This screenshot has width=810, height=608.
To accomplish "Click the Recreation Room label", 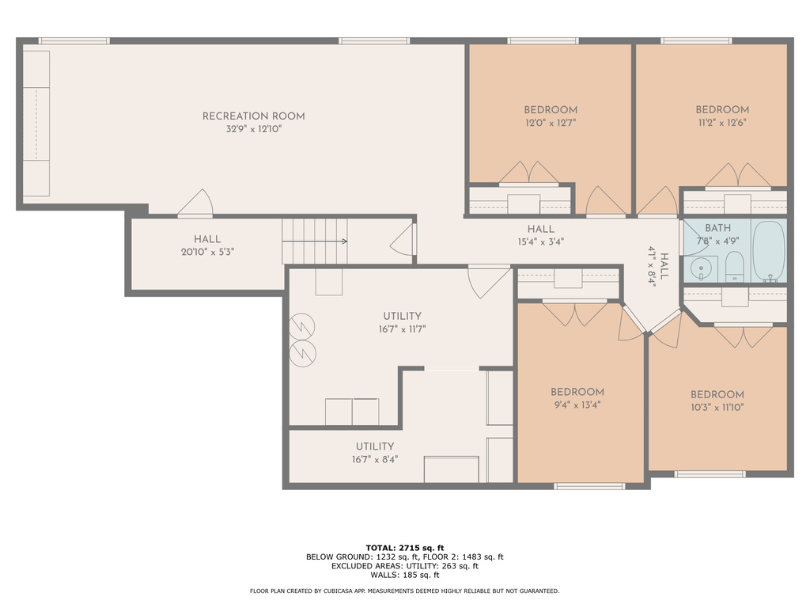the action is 253,116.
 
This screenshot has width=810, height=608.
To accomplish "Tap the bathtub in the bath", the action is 769,251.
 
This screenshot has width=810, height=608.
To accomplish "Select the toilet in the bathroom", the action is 733,267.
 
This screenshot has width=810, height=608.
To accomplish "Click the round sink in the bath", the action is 701,268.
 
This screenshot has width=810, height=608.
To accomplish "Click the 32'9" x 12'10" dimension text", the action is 253,129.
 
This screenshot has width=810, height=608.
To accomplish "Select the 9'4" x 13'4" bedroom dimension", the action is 577,405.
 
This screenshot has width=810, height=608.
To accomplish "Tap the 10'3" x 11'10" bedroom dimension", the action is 717,408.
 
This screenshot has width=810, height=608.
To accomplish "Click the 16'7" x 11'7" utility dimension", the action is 402,329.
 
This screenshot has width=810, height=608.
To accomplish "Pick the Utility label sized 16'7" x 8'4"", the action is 374,446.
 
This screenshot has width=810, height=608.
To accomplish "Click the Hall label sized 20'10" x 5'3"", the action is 207,239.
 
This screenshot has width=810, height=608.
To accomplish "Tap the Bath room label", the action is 717,228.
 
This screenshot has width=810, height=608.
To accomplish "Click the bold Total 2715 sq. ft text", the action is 404,548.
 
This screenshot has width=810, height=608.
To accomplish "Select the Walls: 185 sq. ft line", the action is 404,575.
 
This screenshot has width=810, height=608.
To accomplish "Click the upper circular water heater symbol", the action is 302,327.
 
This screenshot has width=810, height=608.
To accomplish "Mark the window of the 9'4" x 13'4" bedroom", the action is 589,486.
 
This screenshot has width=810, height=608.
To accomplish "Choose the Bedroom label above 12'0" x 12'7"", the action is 551,110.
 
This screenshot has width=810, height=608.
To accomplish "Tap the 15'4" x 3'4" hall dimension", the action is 540,241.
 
